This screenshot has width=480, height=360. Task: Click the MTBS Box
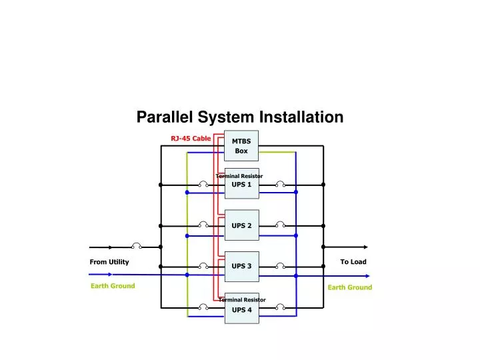click(x=241, y=146)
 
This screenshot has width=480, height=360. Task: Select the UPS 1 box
click(x=241, y=185)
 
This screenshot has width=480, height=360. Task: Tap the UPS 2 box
click(x=241, y=225)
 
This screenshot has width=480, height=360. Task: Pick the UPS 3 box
click(x=241, y=267)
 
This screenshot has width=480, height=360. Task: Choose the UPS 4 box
click(x=241, y=310)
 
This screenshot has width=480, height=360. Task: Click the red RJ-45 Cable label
click(x=191, y=139)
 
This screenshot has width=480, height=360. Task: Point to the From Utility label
click(x=109, y=262)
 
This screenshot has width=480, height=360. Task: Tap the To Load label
click(x=353, y=262)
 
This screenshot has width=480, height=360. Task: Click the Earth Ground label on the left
click(x=113, y=286)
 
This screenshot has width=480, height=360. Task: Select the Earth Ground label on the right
click(x=349, y=287)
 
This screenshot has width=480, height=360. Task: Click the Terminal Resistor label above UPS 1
click(x=239, y=176)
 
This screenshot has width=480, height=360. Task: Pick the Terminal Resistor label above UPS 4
click(x=242, y=300)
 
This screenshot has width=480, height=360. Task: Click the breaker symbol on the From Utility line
click(x=136, y=246)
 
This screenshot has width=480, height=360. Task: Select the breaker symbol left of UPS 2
click(x=203, y=225)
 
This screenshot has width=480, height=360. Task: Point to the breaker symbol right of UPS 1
click(x=281, y=184)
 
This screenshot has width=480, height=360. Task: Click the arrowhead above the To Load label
click(x=364, y=247)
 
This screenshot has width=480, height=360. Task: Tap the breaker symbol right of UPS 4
click(x=281, y=308)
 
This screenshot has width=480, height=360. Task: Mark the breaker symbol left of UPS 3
click(x=203, y=266)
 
